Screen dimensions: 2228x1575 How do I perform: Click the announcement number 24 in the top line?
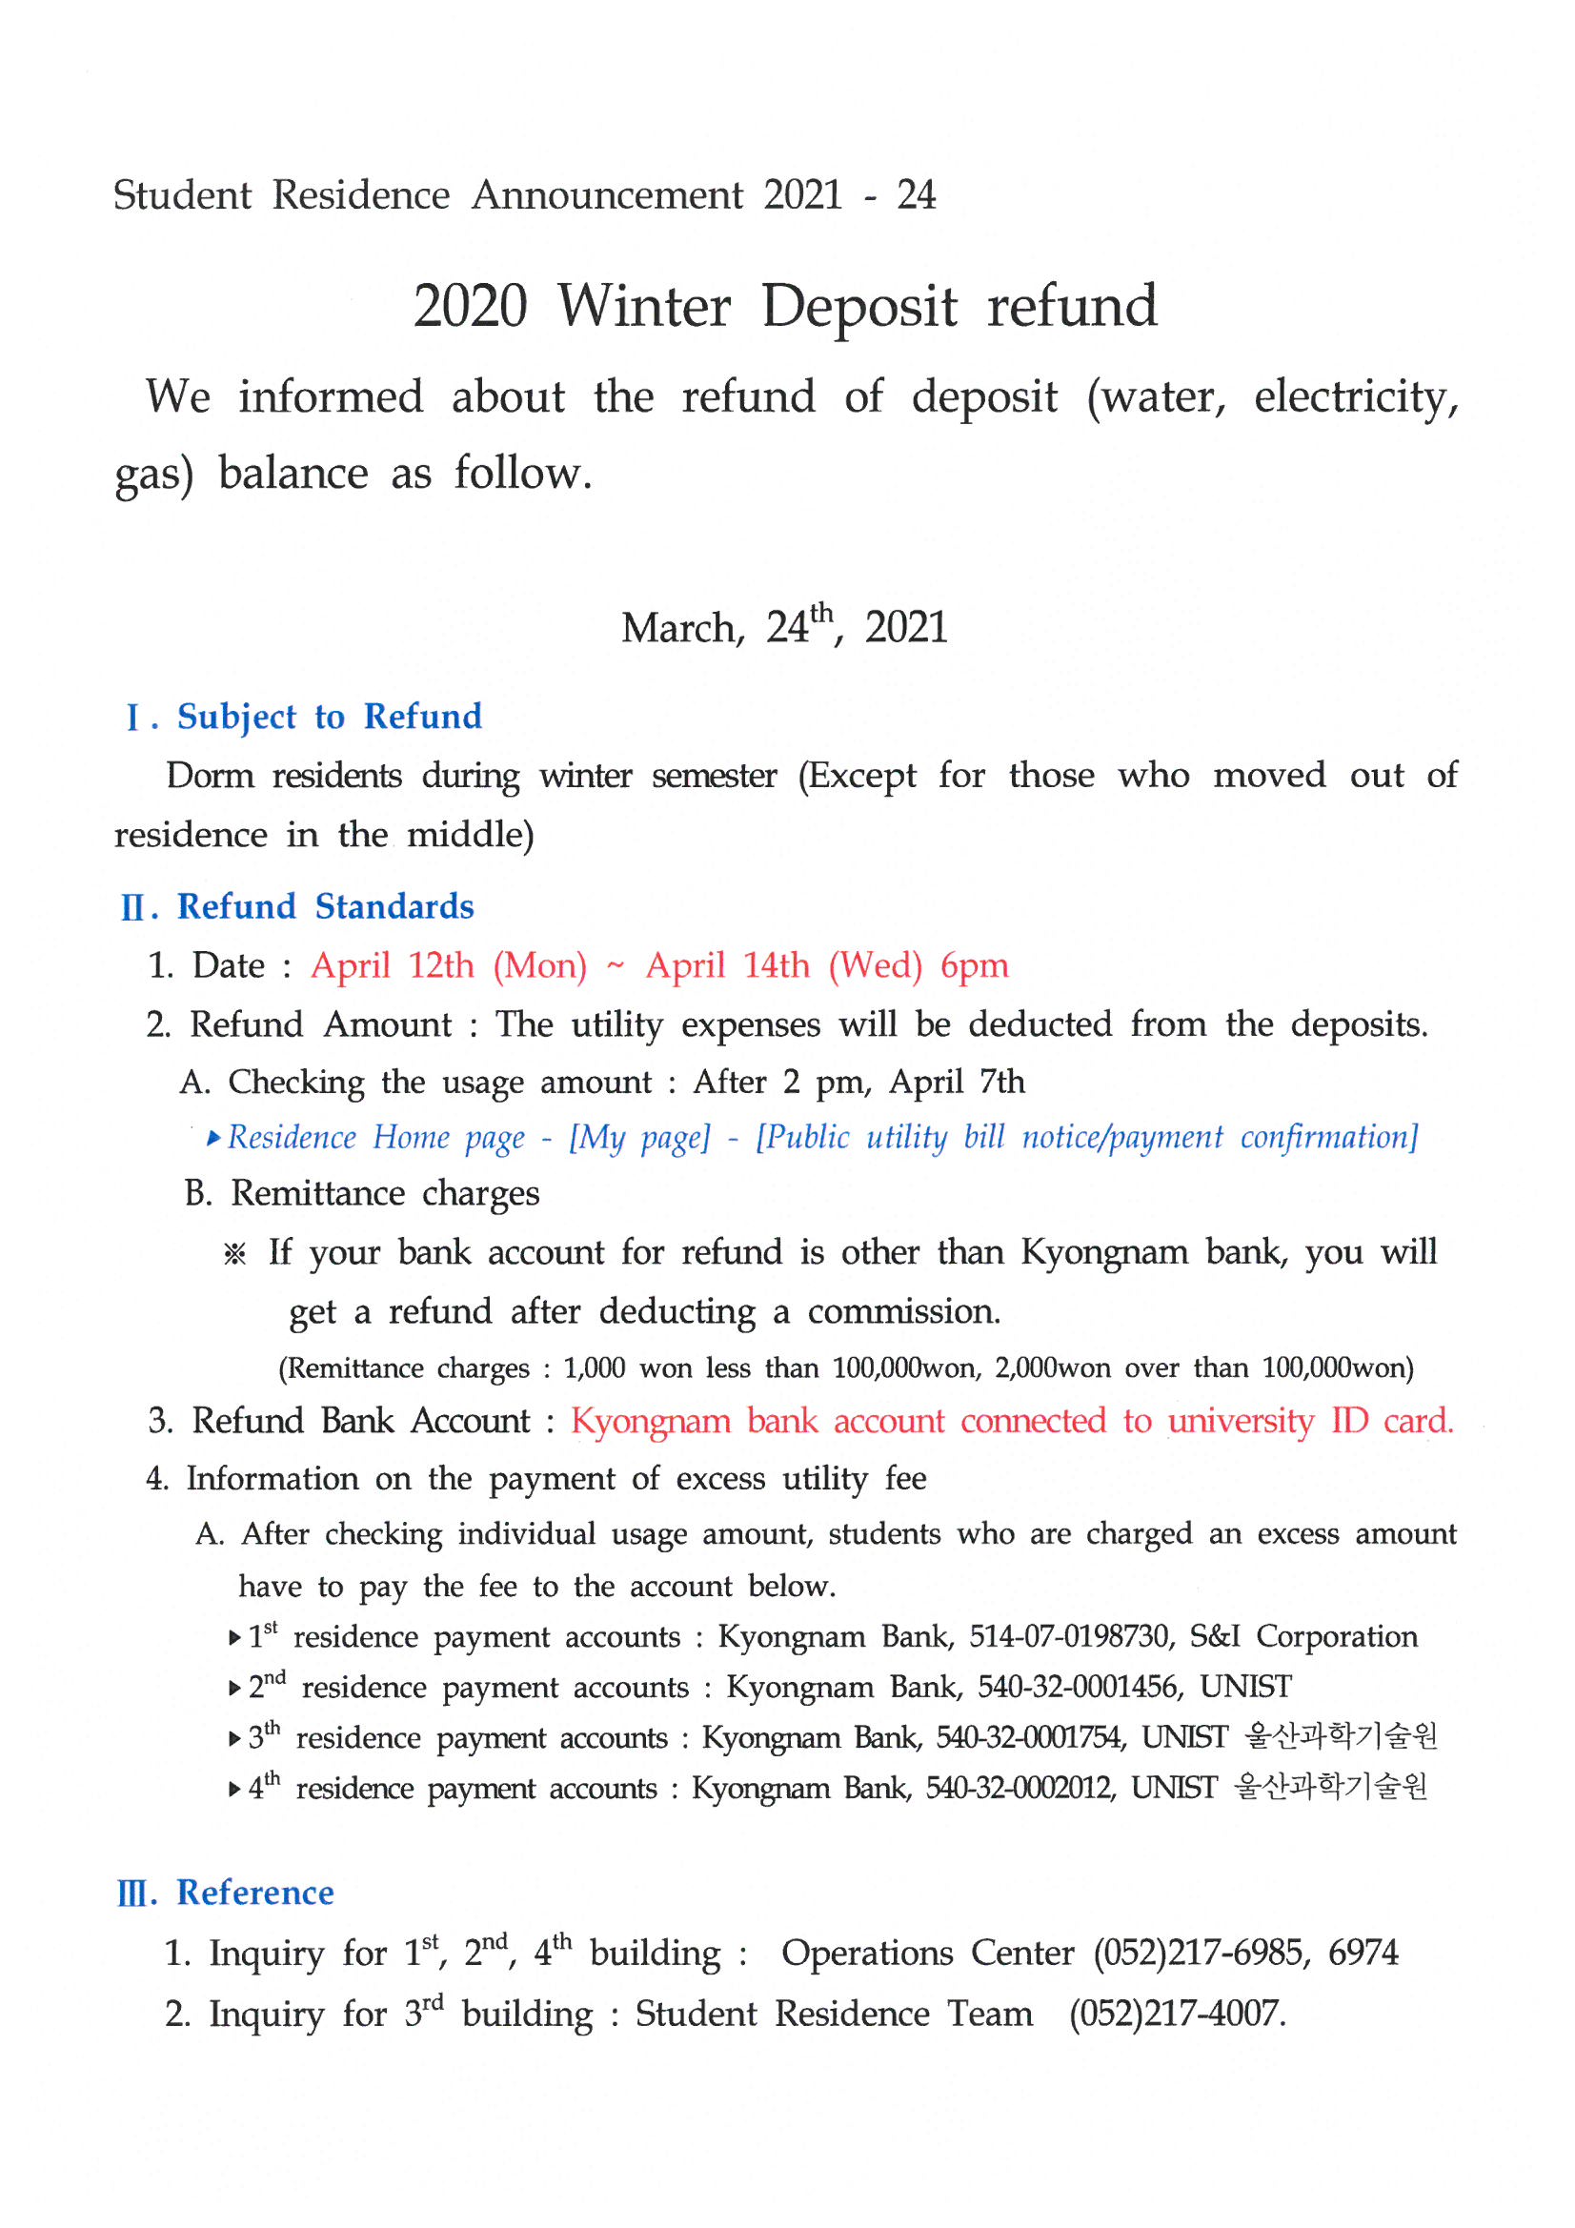pos(915,195)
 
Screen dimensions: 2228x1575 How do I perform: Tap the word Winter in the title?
pos(643,307)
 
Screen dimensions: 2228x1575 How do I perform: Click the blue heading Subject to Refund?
pos(329,717)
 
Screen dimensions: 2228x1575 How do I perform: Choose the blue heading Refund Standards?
pos(325,906)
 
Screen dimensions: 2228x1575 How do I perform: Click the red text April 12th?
pos(392,965)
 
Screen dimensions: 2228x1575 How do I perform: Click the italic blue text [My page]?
pos(639,1137)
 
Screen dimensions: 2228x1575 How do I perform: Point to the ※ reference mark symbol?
pos(234,1254)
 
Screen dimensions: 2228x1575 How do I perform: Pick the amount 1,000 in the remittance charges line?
pos(594,1368)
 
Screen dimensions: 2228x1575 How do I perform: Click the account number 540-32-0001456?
pos(1078,1688)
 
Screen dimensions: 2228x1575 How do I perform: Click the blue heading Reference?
pos(255,1893)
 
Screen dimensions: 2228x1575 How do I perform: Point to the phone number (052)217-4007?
pos(1176,2014)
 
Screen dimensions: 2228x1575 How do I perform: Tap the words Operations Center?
pos(927,1953)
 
